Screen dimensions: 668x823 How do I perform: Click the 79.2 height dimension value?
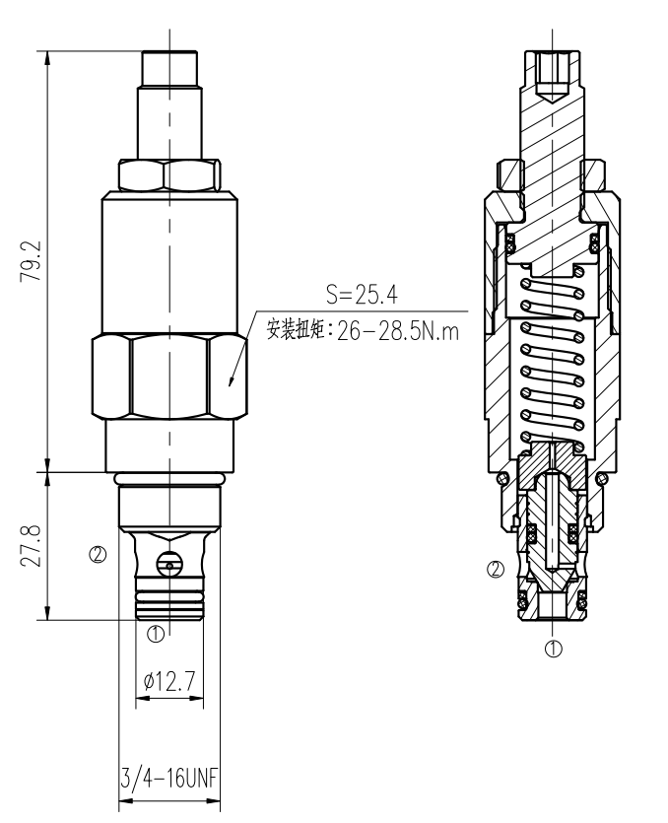click(x=31, y=261)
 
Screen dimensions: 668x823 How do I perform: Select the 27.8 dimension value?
click(x=31, y=545)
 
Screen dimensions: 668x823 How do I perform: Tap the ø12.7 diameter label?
click(x=169, y=681)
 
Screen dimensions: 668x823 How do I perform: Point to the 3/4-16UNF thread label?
click(x=168, y=779)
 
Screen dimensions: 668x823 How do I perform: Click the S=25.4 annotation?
click(x=362, y=295)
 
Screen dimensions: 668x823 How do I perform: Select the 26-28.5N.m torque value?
click(x=398, y=331)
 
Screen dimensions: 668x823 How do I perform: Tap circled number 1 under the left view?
click(x=156, y=634)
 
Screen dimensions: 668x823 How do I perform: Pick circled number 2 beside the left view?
click(x=99, y=554)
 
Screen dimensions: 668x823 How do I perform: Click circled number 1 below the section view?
click(x=553, y=649)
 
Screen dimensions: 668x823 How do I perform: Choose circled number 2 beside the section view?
click(x=496, y=570)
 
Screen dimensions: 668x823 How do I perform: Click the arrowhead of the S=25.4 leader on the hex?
click(x=230, y=384)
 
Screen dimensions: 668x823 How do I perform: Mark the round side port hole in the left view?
click(x=168, y=564)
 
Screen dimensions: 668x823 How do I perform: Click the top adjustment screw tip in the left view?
click(x=169, y=68)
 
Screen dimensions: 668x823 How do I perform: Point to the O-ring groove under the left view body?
click(x=169, y=479)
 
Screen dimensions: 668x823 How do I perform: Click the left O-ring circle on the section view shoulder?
click(x=502, y=478)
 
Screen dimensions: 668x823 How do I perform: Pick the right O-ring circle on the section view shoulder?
click(x=602, y=478)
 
